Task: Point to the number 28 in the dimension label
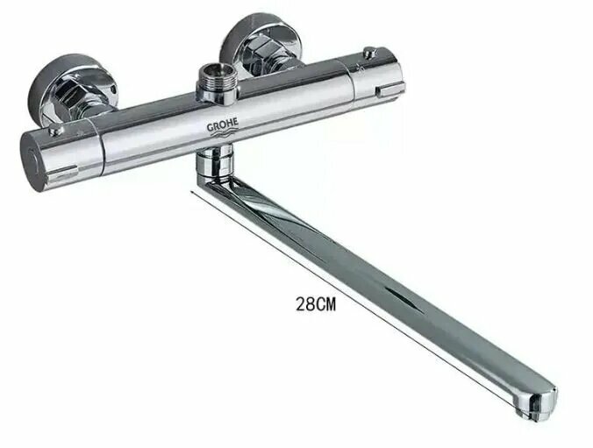pos(305,307)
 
